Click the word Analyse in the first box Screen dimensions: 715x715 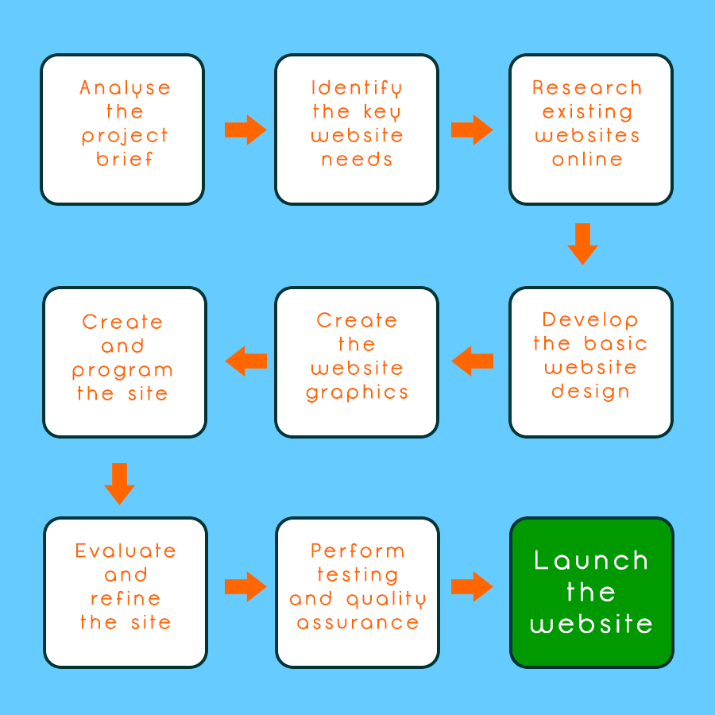tap(125, 88)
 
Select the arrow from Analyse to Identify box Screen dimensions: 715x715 tap(245, 129)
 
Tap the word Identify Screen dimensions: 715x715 tap(357, 88)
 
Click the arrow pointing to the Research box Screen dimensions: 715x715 tap(471, 129)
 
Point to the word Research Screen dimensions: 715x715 tap(587, 87)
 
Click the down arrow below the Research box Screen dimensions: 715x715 tap(582, 243)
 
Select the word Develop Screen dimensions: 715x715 tap(590, 320)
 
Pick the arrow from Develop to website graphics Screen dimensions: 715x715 tap(473, 361)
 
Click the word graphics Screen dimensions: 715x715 tap(357, 393)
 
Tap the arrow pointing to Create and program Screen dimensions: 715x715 tap(245, 361)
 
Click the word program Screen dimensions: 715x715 tap(122, 371)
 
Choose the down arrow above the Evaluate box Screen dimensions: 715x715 tap(120, 483)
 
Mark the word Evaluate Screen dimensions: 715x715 tap(126, 551)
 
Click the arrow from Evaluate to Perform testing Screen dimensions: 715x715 tap(245, 587)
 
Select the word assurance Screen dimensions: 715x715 tap(357, 623)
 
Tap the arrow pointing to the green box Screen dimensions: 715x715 tap(472, 587)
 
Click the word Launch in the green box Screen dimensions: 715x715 tap(591, 561)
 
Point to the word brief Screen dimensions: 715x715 tap(125, 160)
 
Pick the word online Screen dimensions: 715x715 tap(587, 160)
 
